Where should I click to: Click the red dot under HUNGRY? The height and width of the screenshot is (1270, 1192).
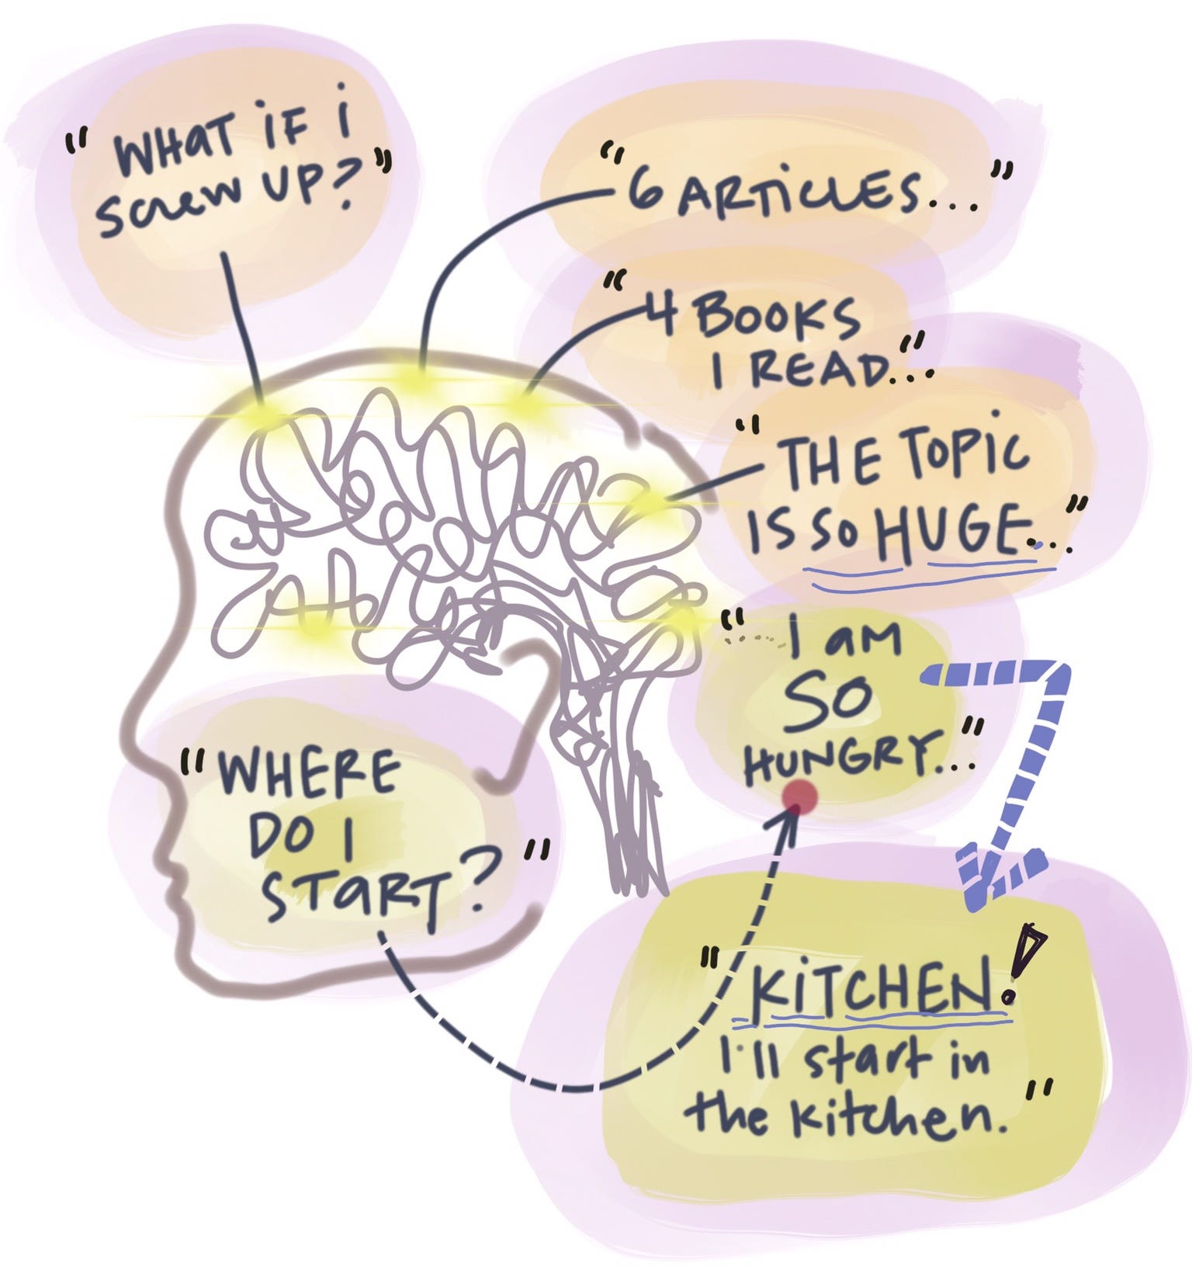click(x=800, y=797)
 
